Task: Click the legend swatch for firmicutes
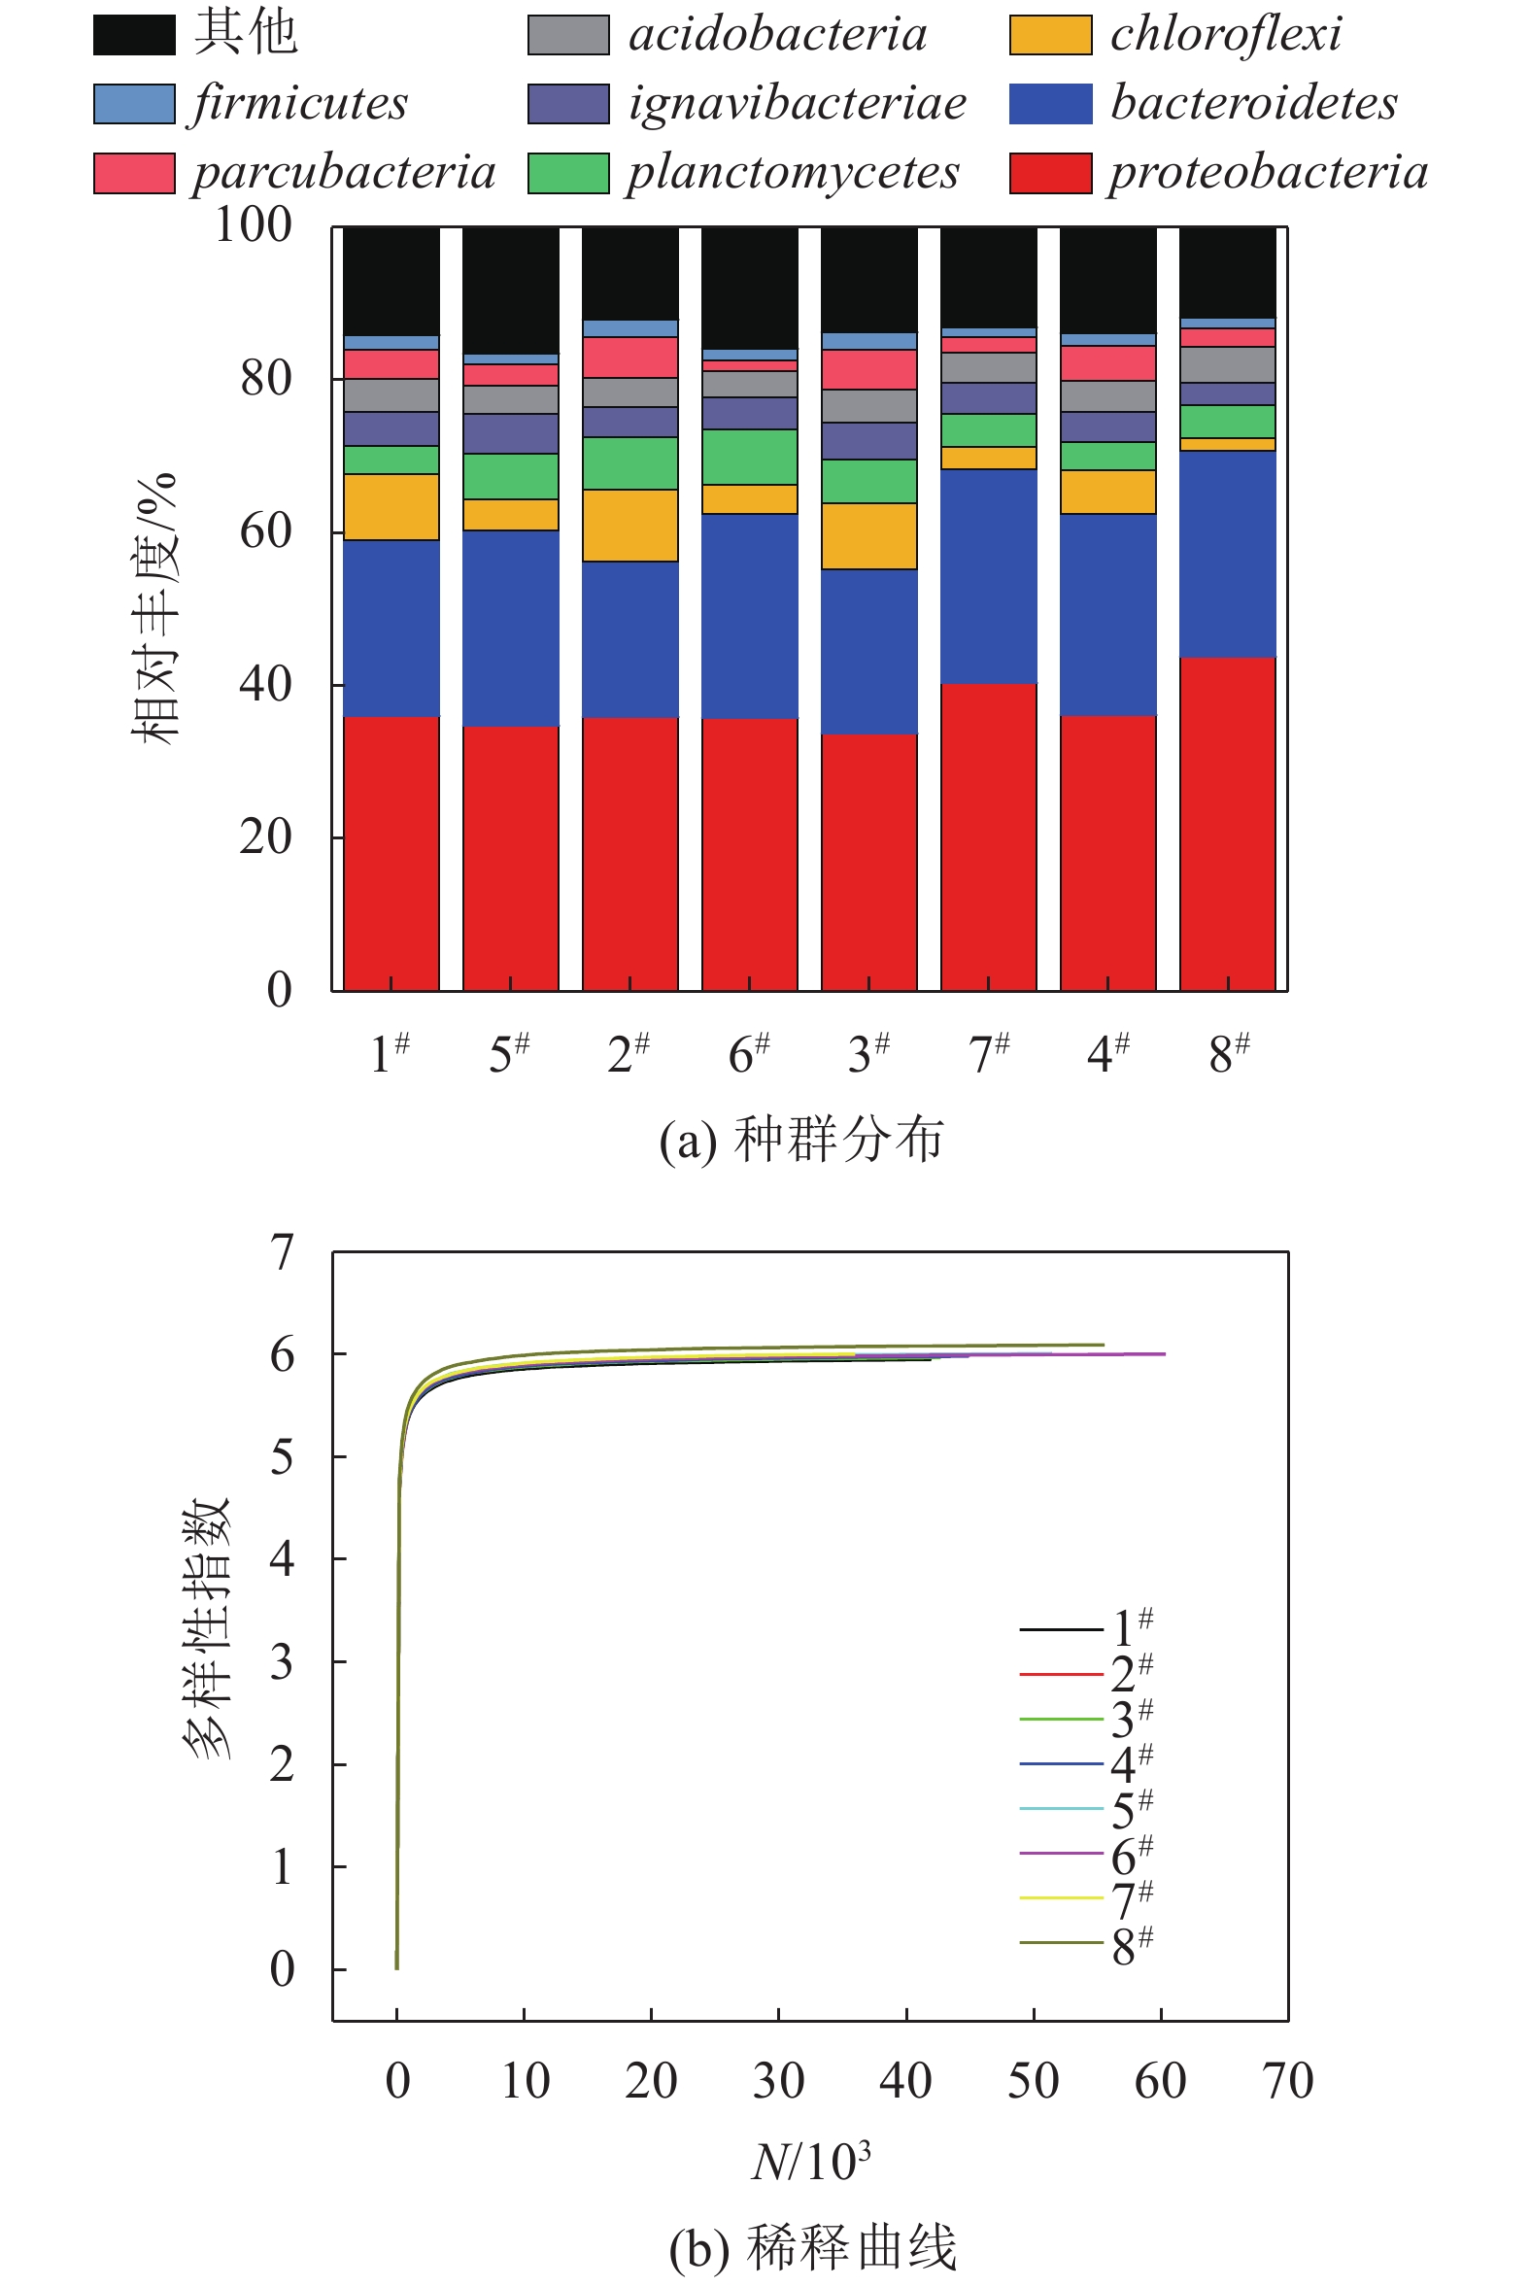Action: (x=134, y=103)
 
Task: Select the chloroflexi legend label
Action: (x=1226, y=34)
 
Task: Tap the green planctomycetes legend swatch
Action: (x=568, y=173)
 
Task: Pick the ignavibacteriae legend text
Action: (x=797, y=103)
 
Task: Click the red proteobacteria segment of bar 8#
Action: (x=1228, y=824)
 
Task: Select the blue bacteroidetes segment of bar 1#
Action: (x=391, y=629)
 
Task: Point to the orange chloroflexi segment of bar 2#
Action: (x=630, y=525)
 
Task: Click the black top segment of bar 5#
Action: (x=510, y=290)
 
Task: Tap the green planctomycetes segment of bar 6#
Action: (x=749, y=457)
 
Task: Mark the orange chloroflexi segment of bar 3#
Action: (x=869, y=535)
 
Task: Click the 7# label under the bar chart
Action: (x=989, y=1054)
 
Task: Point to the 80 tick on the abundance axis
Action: (x=265, y=379)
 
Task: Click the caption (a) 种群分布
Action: (x=801, y=1140)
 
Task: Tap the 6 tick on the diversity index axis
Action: (x=282, y=1355)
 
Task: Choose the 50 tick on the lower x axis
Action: (x=1034, y=2081)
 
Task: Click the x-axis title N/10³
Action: (x=811, y=2162)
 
